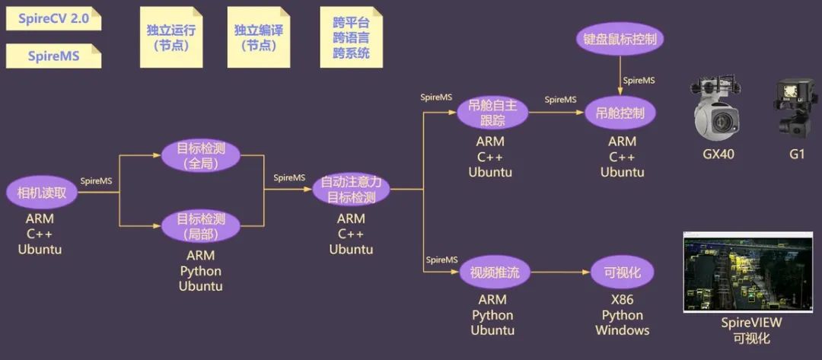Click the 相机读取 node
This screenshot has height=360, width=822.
point(42,193)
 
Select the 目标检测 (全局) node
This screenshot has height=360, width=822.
point(201,155)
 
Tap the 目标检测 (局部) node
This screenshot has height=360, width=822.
point(201,225)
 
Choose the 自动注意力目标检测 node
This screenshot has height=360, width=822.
point(351,190)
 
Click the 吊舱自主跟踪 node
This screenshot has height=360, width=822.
point(492,113)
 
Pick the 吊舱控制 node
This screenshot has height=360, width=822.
point(620,113)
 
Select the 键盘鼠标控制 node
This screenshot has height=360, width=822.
point(620,40)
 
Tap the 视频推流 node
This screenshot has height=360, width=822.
point(494,272)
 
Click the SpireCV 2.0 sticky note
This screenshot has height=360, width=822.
point(53,18)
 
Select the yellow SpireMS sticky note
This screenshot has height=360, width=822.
point(53,56)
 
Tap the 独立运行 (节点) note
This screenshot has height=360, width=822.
point(171,37)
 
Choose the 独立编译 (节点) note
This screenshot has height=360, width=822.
point(259,37)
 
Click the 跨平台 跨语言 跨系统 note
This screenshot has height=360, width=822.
point(351,37)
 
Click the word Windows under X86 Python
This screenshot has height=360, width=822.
point(622,330)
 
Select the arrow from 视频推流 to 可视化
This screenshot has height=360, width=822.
point(559,272)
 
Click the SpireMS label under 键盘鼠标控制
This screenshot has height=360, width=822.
point(639,81)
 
